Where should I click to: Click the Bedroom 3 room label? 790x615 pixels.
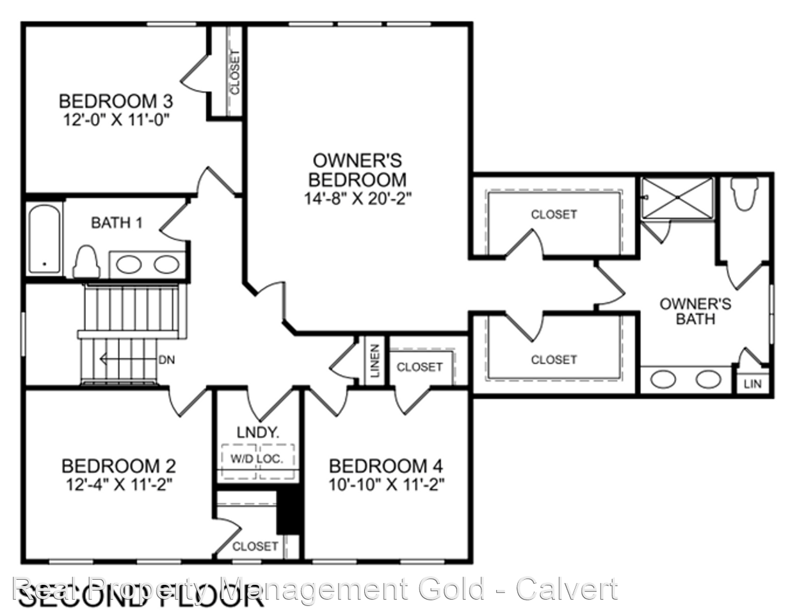115,101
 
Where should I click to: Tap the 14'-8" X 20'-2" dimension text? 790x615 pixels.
357,199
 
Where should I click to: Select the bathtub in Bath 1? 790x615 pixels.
44,239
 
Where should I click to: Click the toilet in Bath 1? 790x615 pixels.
86,261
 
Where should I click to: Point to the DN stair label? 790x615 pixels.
166,360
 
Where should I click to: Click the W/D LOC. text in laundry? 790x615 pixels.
257,459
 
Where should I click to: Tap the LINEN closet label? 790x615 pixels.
375,361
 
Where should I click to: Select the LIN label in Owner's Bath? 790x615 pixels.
753,384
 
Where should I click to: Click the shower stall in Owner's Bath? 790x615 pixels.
677,198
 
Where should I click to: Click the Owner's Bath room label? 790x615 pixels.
695,311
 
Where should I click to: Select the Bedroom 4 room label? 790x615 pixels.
385,466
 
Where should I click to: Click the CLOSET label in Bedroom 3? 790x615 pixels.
234,72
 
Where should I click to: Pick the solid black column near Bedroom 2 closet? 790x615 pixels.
289,511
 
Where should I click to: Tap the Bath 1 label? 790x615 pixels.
117,223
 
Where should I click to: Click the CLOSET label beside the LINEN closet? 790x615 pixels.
419,367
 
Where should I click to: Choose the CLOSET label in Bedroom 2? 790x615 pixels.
255,546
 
